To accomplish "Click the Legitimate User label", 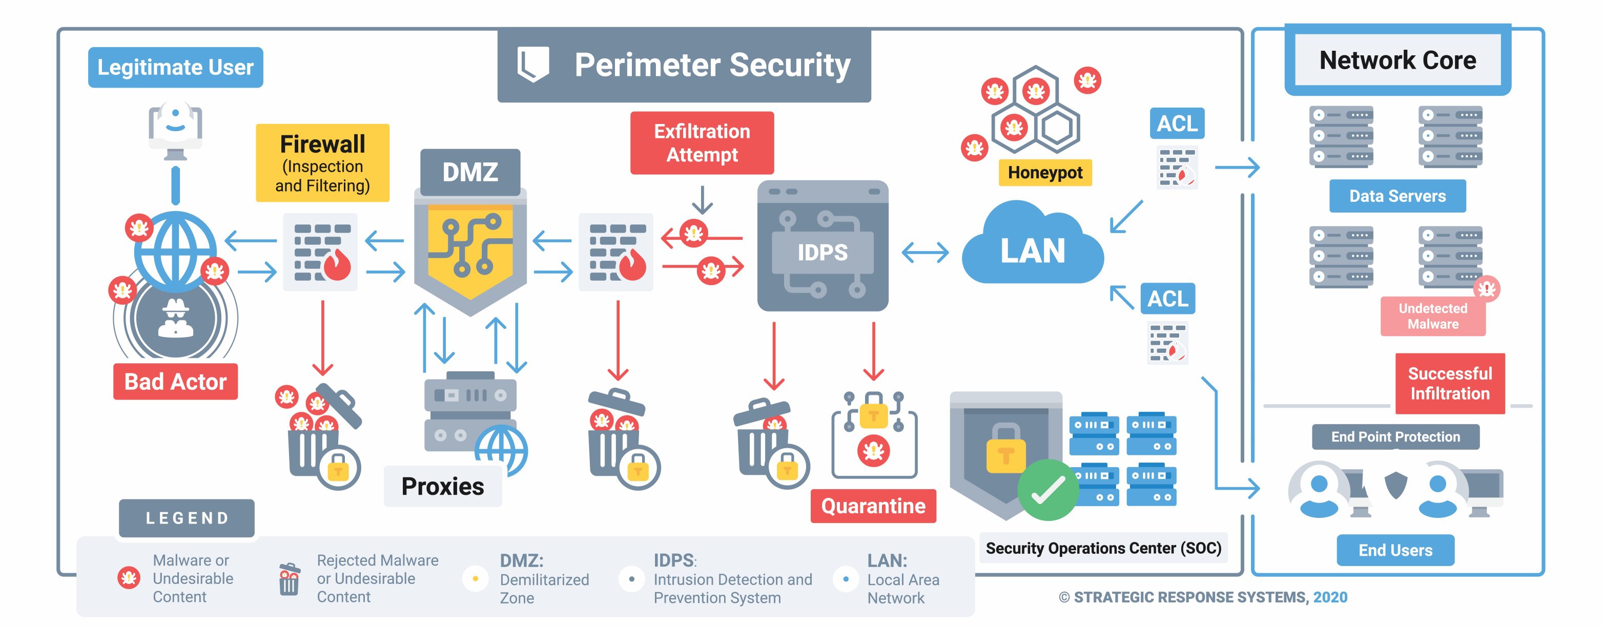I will [x=175, y=67].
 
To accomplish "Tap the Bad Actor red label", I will [x=175, y=381].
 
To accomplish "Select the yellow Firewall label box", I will [x=322, y=163].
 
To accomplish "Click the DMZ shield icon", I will [x=470, y=249].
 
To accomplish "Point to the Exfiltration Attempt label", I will [x=702, y=143].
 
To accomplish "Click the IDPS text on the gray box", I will [x=823, y=253].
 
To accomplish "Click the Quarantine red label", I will [x=873, y=506].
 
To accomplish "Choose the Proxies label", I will [x=442, y=487].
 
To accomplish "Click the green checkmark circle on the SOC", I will [x=1048, y=490].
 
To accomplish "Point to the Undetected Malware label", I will [x=1432, y=316].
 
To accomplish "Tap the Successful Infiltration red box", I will [x=1450, y=384].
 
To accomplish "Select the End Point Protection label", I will [x=1395, y=436].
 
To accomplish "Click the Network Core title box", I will [x=1398, y=60].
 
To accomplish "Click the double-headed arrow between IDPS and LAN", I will [x=926, y=253].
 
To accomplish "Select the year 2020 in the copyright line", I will [x=1330, y=598].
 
